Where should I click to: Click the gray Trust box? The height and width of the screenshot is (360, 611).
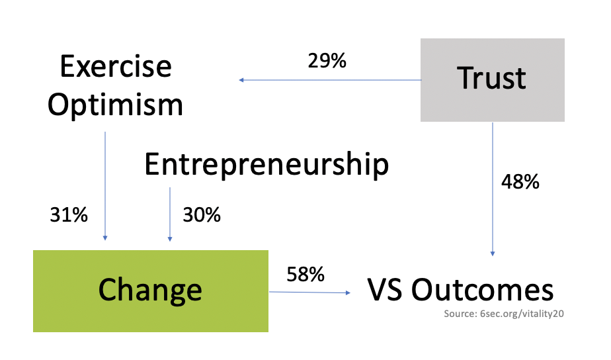pos(493,80)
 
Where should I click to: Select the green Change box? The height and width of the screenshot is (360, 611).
pos(151,291)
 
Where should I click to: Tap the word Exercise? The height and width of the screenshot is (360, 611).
pos(116,66)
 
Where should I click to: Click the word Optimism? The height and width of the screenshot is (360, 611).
pos(115,105)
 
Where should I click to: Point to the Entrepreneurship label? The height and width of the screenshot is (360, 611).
pos(266,165)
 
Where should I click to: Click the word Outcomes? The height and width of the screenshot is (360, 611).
pos(483,290)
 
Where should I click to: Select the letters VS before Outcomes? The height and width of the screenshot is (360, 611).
pos(385,290)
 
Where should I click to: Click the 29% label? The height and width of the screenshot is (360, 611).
pos(327,61)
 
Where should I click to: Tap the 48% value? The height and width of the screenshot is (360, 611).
pos(520,181)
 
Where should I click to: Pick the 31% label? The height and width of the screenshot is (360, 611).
pos(69,215)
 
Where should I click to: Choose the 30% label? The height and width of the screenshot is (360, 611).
pos(202,215)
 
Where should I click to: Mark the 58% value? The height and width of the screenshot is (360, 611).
pos(305,274)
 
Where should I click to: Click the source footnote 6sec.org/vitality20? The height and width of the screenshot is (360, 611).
pos(504,314)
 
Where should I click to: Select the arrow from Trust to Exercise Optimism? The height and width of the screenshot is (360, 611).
pos(330,80)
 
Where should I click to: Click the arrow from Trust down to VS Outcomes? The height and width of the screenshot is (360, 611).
pos(493,189)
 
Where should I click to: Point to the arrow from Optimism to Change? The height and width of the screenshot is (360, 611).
pos(105,186)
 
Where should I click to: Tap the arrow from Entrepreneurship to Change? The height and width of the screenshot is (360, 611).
pos(170,214)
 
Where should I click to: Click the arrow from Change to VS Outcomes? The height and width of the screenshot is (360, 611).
pos(309,292)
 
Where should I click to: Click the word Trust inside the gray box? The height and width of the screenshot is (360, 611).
pos(492,78)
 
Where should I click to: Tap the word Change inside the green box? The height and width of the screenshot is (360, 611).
pos(150,290)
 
